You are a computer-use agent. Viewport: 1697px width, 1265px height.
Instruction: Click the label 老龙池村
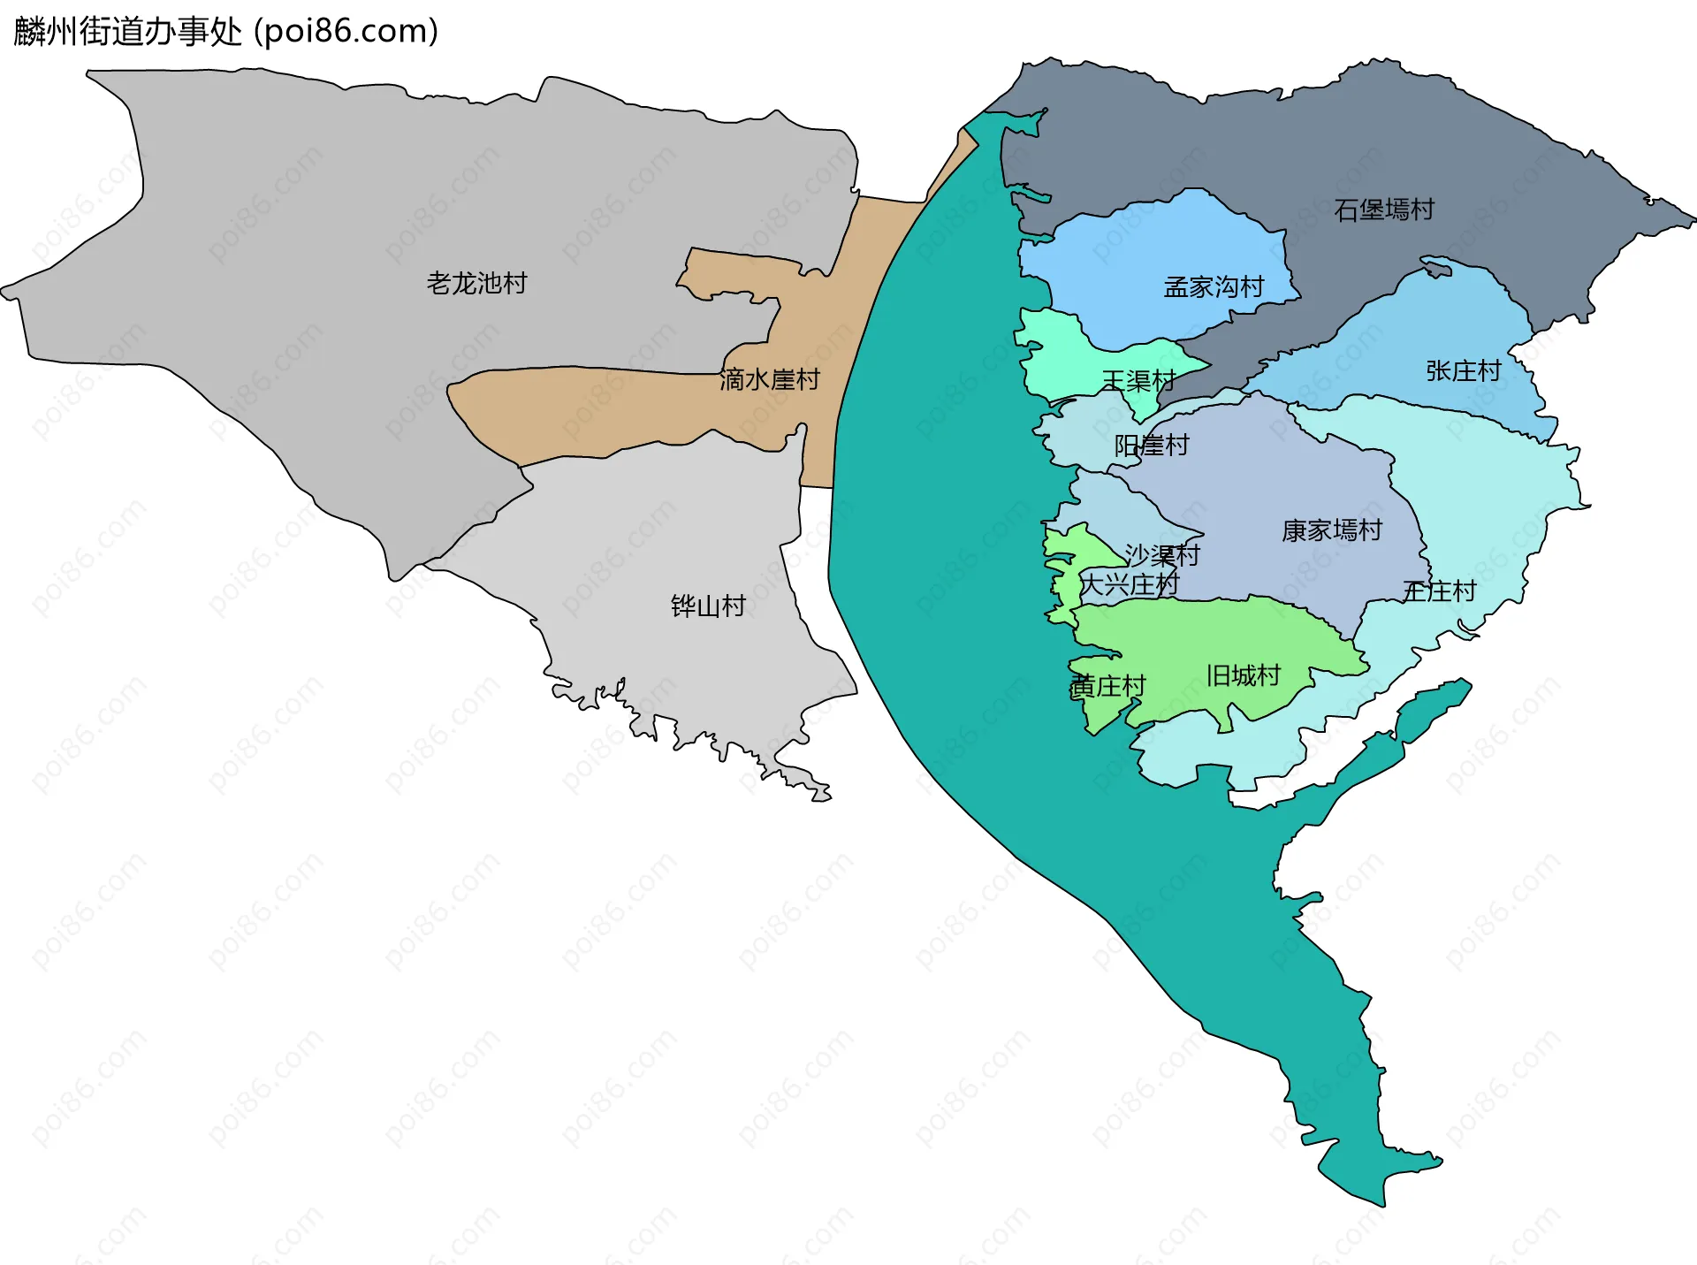[x=476, y=283]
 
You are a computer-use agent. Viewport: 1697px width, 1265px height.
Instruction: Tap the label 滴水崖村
[x=769, y=379]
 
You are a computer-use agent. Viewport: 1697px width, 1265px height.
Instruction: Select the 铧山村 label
[x=708, y=606]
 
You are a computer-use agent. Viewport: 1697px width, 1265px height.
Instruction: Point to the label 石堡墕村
[x=1383, y=210]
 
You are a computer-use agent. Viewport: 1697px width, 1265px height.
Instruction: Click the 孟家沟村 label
[x=1214, y=286]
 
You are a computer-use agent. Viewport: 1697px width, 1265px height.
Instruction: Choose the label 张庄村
[x=1464, y=370]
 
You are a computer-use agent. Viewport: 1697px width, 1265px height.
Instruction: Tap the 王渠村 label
[x=1138, y=381]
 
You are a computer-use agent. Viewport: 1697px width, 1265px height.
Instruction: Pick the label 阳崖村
[x=1152, y=445]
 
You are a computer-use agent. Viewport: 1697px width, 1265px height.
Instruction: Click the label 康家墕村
[x=1332, y=530]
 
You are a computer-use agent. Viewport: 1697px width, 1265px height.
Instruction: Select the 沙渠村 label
[x=1162, y=554]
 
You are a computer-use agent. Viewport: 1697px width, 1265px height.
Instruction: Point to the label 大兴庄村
[x=1130, y=584]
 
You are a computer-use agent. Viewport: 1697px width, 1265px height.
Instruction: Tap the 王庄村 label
[x=1440, y=591]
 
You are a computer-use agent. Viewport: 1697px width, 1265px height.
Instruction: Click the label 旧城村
[x=1244, y=675]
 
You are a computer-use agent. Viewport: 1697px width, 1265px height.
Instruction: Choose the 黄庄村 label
[x=1107, y=686]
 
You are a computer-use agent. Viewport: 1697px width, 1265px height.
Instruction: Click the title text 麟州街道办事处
[x=128, y=32]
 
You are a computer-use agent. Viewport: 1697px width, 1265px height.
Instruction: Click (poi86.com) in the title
[x=346, y=32]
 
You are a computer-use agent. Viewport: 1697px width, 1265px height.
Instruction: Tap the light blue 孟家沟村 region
[x=1149, y=256]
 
